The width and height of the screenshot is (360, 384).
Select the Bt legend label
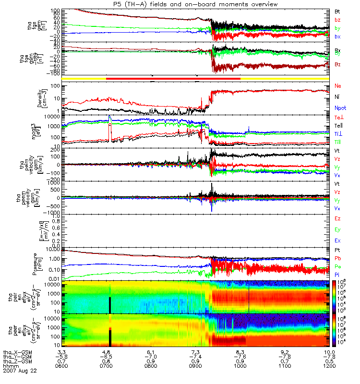pos(337,11)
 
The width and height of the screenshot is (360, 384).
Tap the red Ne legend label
pos(338,86)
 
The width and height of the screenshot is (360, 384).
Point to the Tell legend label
pos(338,125)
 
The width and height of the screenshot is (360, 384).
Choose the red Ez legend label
pos(338,218)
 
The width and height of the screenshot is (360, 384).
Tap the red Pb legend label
pos(338,259)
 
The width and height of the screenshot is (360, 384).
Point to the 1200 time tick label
pos(329,367)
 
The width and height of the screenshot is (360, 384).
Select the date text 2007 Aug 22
pos(20,372)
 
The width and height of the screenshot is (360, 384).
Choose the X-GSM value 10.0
pos(329,352)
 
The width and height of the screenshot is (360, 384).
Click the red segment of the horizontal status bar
pos(173,78)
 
